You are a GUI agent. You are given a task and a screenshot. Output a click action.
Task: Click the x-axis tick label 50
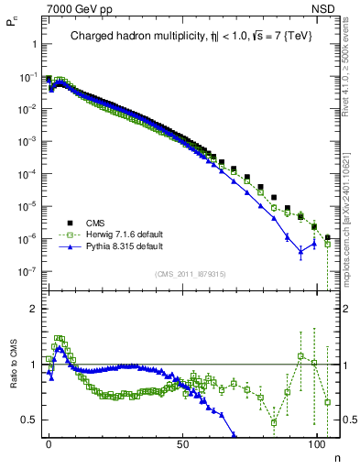(x=183, y=443)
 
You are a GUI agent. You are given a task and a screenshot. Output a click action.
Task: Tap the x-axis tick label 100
(x=317, y=443)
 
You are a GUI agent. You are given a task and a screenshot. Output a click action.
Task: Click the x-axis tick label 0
(x=49, y=443)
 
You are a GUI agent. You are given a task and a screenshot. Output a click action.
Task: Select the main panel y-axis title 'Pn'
(x=12, y=27)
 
